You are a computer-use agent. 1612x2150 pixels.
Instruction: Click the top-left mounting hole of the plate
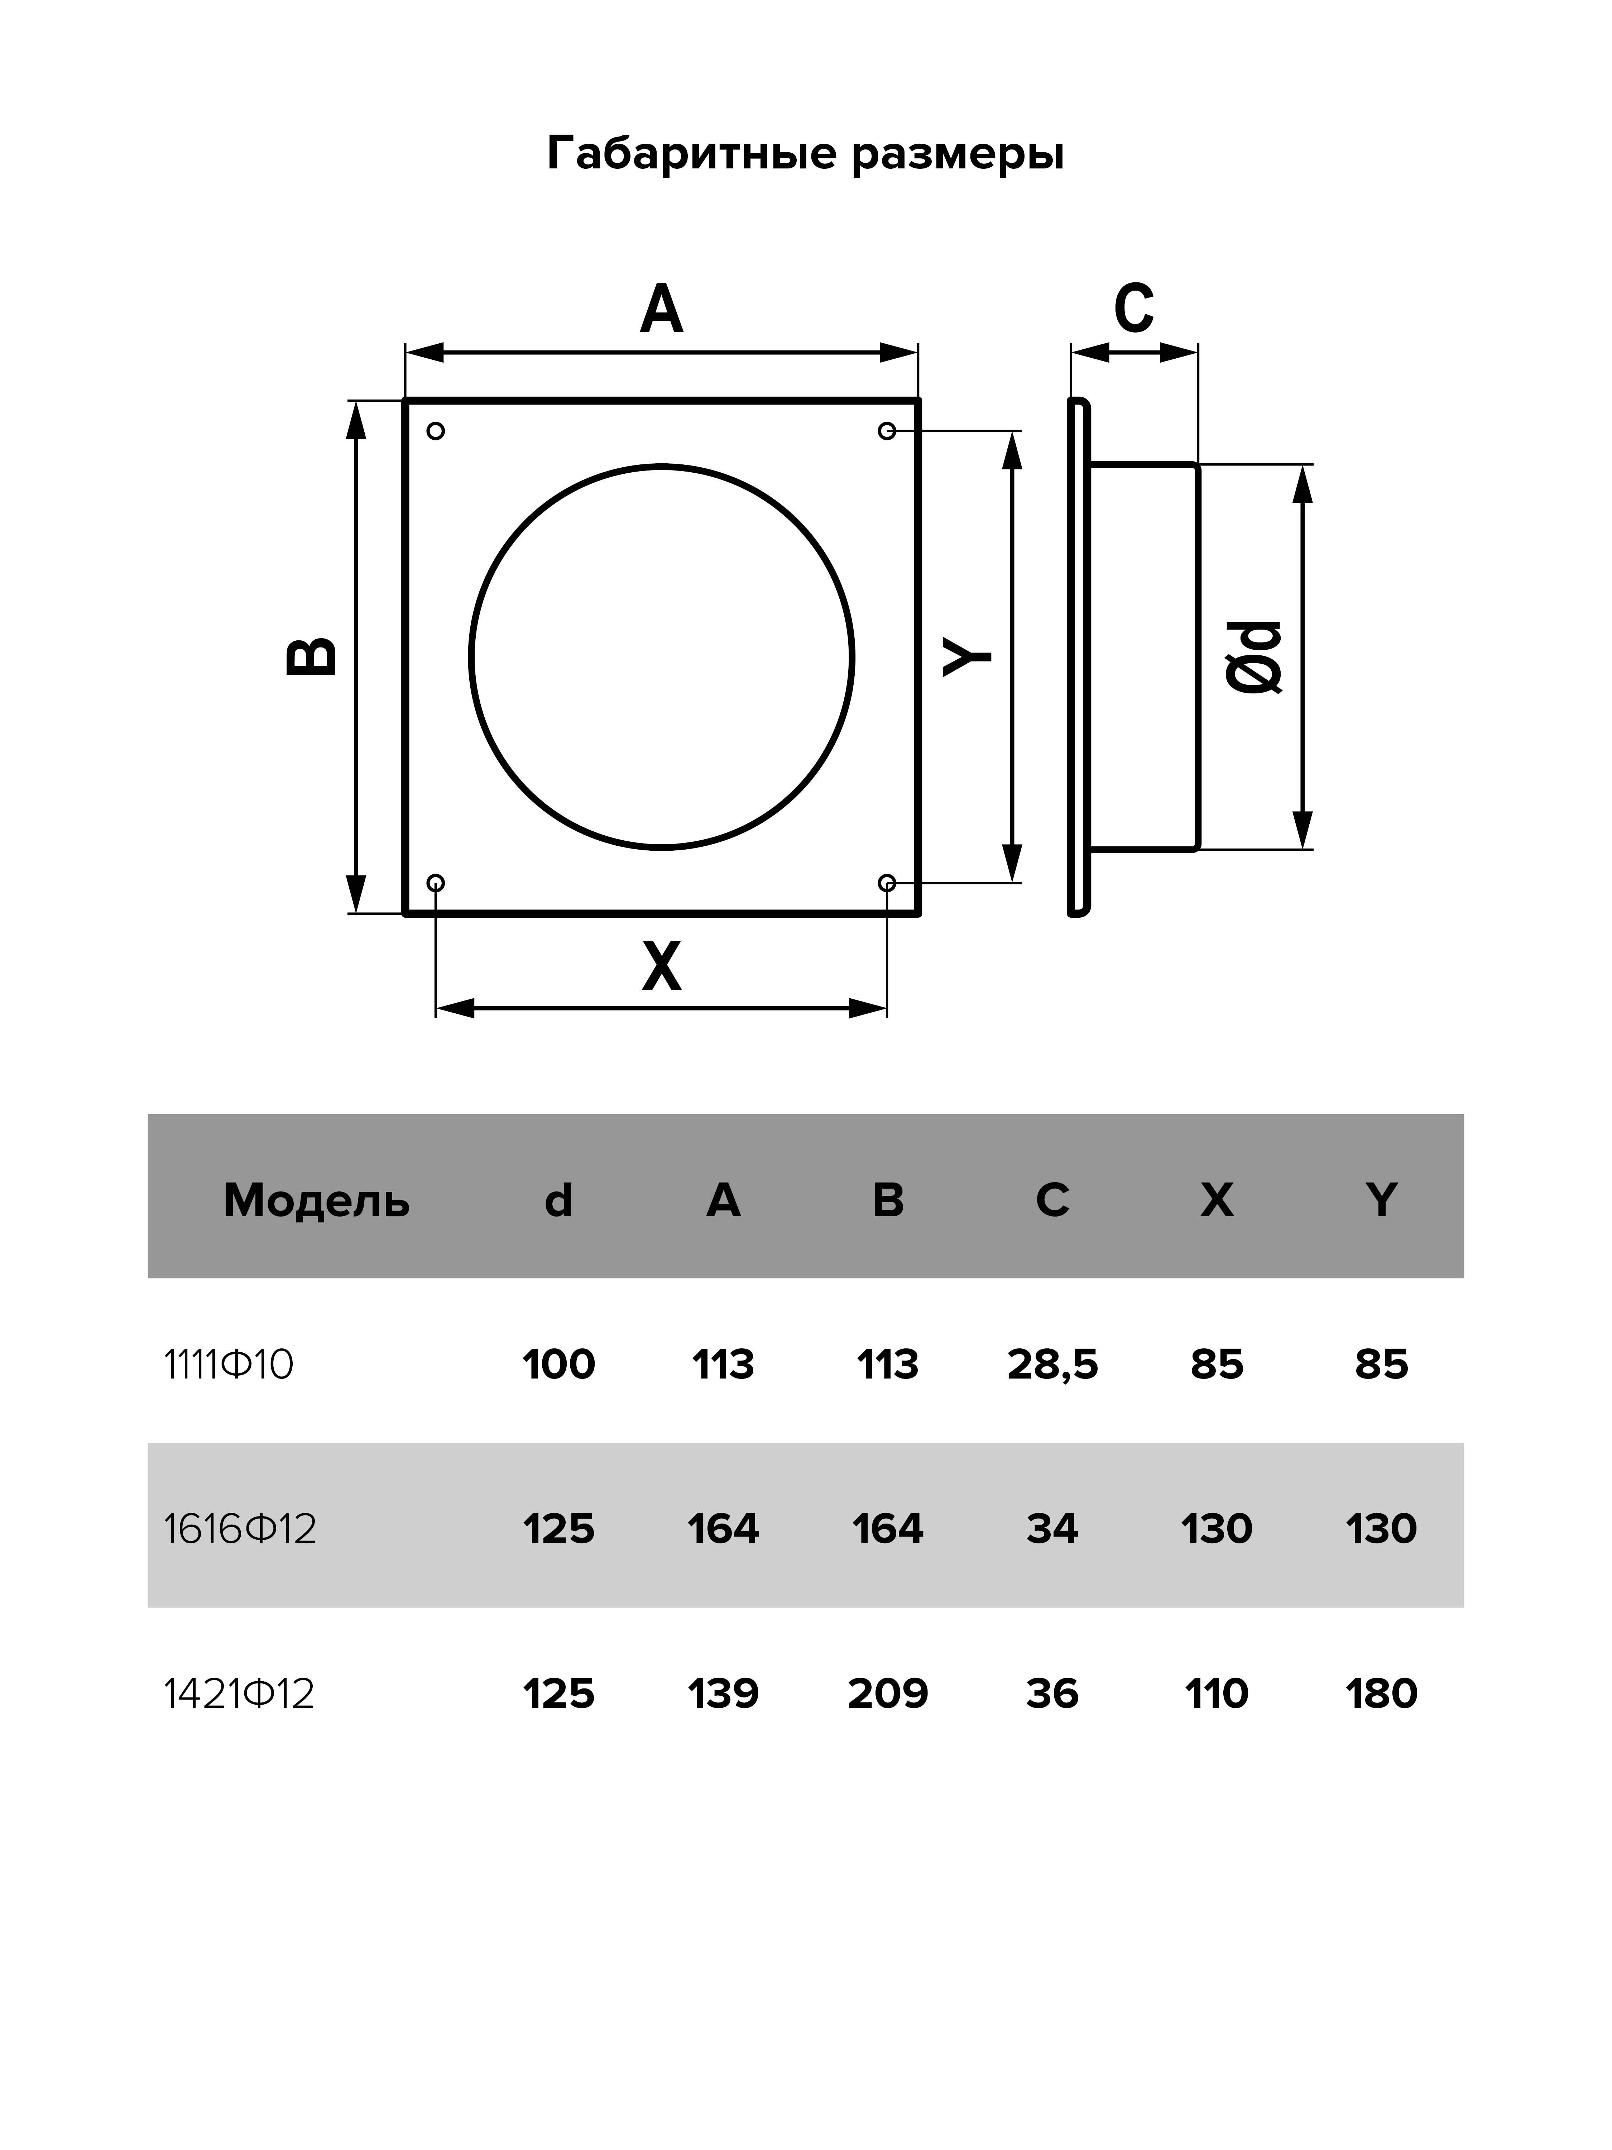point(435,431)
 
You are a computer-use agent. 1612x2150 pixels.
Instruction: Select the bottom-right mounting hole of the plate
point(886,883)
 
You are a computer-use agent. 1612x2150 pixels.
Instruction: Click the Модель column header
point(317,1201)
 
